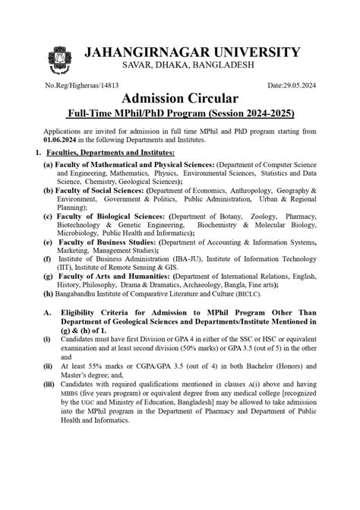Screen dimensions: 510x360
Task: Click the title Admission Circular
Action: click(179, 100)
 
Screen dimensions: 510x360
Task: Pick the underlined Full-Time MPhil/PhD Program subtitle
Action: click(179, 115)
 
